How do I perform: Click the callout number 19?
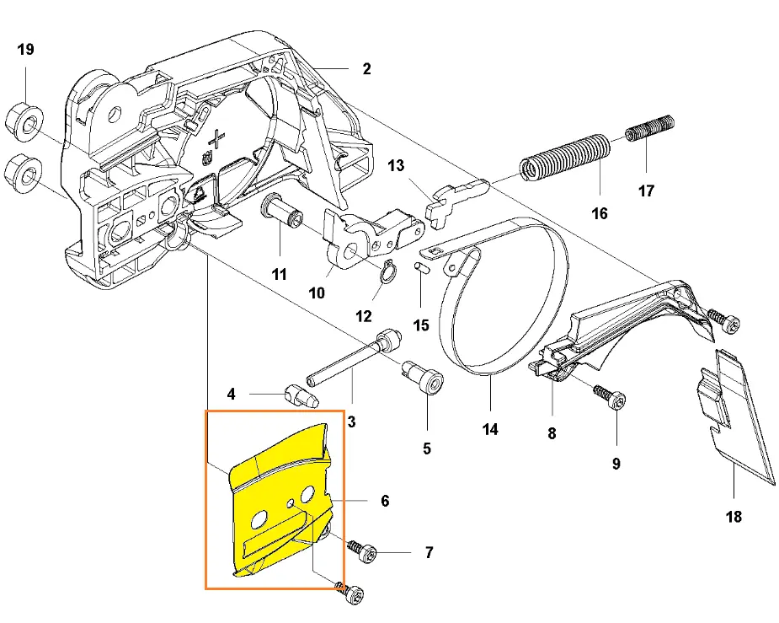pos(25,50)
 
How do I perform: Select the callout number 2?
pos(366,69)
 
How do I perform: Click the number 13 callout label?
pos(396,166)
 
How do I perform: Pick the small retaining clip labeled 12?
pos(388,272)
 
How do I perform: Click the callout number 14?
pos(490,429)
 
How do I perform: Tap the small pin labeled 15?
pos(419,267)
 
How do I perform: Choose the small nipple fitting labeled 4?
pos(299,393)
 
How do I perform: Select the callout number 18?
pos(734,516)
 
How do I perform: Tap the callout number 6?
pos(385,501)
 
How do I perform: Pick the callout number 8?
pos(552,434)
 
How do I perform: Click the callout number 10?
pos(317,293)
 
